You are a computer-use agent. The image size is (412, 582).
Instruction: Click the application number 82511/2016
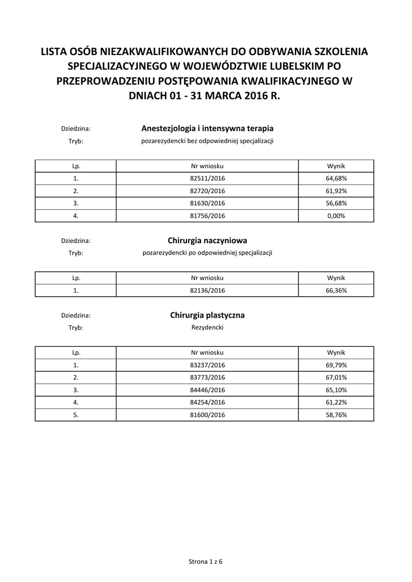point(207,178)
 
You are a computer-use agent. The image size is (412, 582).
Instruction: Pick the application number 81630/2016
point(207,203)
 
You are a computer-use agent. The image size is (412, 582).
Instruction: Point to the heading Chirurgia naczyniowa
point(207,240)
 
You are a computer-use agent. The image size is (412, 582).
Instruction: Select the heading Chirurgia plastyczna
point(207,315)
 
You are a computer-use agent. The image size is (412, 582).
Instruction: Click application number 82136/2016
point(207,290)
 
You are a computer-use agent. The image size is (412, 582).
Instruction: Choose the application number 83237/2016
point(207,365)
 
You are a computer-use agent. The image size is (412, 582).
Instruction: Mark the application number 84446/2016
point(207,390)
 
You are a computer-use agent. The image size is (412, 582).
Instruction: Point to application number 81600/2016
point(207,415)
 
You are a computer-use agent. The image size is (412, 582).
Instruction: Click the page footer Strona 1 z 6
point(206,562)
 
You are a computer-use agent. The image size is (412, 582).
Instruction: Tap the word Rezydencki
point(207,327)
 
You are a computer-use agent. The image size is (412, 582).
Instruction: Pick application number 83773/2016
point(207,377)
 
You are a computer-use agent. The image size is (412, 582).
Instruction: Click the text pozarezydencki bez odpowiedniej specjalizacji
point(207,141)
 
